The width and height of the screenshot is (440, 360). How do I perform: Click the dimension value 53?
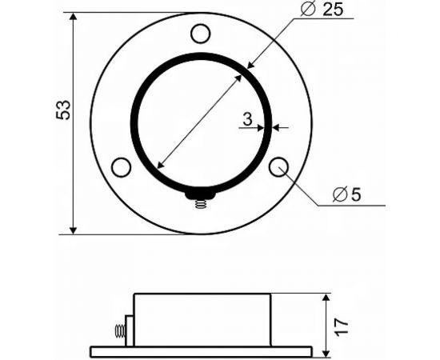[x=65, y=110]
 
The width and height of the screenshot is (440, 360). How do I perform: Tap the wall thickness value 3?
[x=248, y=119]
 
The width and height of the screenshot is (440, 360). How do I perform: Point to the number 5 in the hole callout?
[x=355, y=194]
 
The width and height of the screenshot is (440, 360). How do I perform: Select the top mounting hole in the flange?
[x=200, y=34]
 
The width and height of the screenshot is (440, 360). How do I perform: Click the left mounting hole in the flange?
[x=121, y=167]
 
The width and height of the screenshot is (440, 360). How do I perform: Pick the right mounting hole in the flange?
[x=278, y=166]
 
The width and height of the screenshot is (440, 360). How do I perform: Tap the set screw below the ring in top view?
[x=200, y=205]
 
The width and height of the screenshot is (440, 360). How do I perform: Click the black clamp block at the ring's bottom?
[x=200, y=194]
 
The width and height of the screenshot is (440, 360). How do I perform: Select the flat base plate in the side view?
[x=200, y=351]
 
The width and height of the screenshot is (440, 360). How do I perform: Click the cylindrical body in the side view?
[x=202, y=319]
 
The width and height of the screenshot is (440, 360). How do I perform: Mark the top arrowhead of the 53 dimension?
[x=74, y=18]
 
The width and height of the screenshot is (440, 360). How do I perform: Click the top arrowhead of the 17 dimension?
[x=326, y=298]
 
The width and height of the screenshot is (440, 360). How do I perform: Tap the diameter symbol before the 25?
[x=307, y=10]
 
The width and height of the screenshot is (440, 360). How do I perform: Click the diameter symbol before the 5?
[x=339, y=194]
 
